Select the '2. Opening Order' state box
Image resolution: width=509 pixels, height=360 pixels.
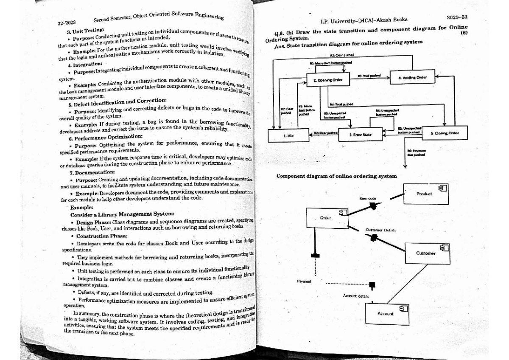click(325, 79)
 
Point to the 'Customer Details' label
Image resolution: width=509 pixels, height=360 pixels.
click(380, 230)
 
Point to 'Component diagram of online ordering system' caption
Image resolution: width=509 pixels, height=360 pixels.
click(336, 176)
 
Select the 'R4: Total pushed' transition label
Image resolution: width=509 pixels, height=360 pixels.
click(339, 104)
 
